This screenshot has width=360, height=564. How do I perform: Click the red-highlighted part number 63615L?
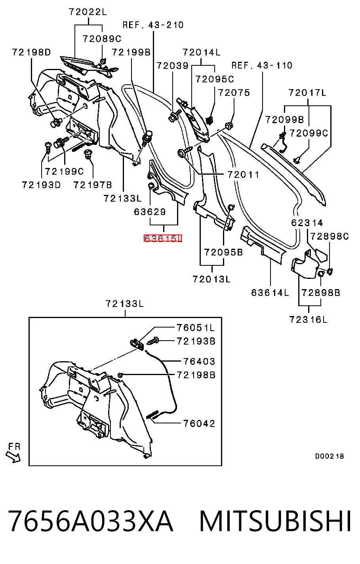pyautogui.click(x=163, y=238)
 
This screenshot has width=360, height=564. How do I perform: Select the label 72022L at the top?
pyautogui.click(x=88, y=12)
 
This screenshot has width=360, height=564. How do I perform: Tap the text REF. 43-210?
pyautogui.click(x=153, y=25)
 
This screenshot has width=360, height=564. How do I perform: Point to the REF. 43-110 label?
pyautogui.click(x=262, y=65)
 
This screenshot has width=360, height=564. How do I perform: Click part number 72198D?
pyautogui.click(x=31, y=52)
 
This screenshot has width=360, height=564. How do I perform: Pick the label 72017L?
pyautogui.click(x=307, y=93)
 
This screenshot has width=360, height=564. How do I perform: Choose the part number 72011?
pyautogui.click(x=243, y=175)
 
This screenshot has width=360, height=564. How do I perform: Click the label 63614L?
pyautogui.click(x=270, y=293)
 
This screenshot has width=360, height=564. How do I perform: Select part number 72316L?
pyautogui.click(x=309, y=320)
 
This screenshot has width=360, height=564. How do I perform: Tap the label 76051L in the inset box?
pyautogui.click(x=196, y=328)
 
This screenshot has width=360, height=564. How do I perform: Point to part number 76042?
pyautogui.click(x=199, y=424)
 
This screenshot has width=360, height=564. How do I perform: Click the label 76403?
pyautogui.click(x=199, y=361)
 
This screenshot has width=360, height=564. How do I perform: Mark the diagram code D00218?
pyautogui.click(x=330, y=456)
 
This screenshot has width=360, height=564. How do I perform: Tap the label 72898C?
pyautogui.click(x=329, y=236)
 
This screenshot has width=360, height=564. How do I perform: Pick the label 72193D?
pyautogui.click(x=41, y=185)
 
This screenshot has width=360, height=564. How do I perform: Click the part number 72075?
pyautogui.click(x=234, y=93)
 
